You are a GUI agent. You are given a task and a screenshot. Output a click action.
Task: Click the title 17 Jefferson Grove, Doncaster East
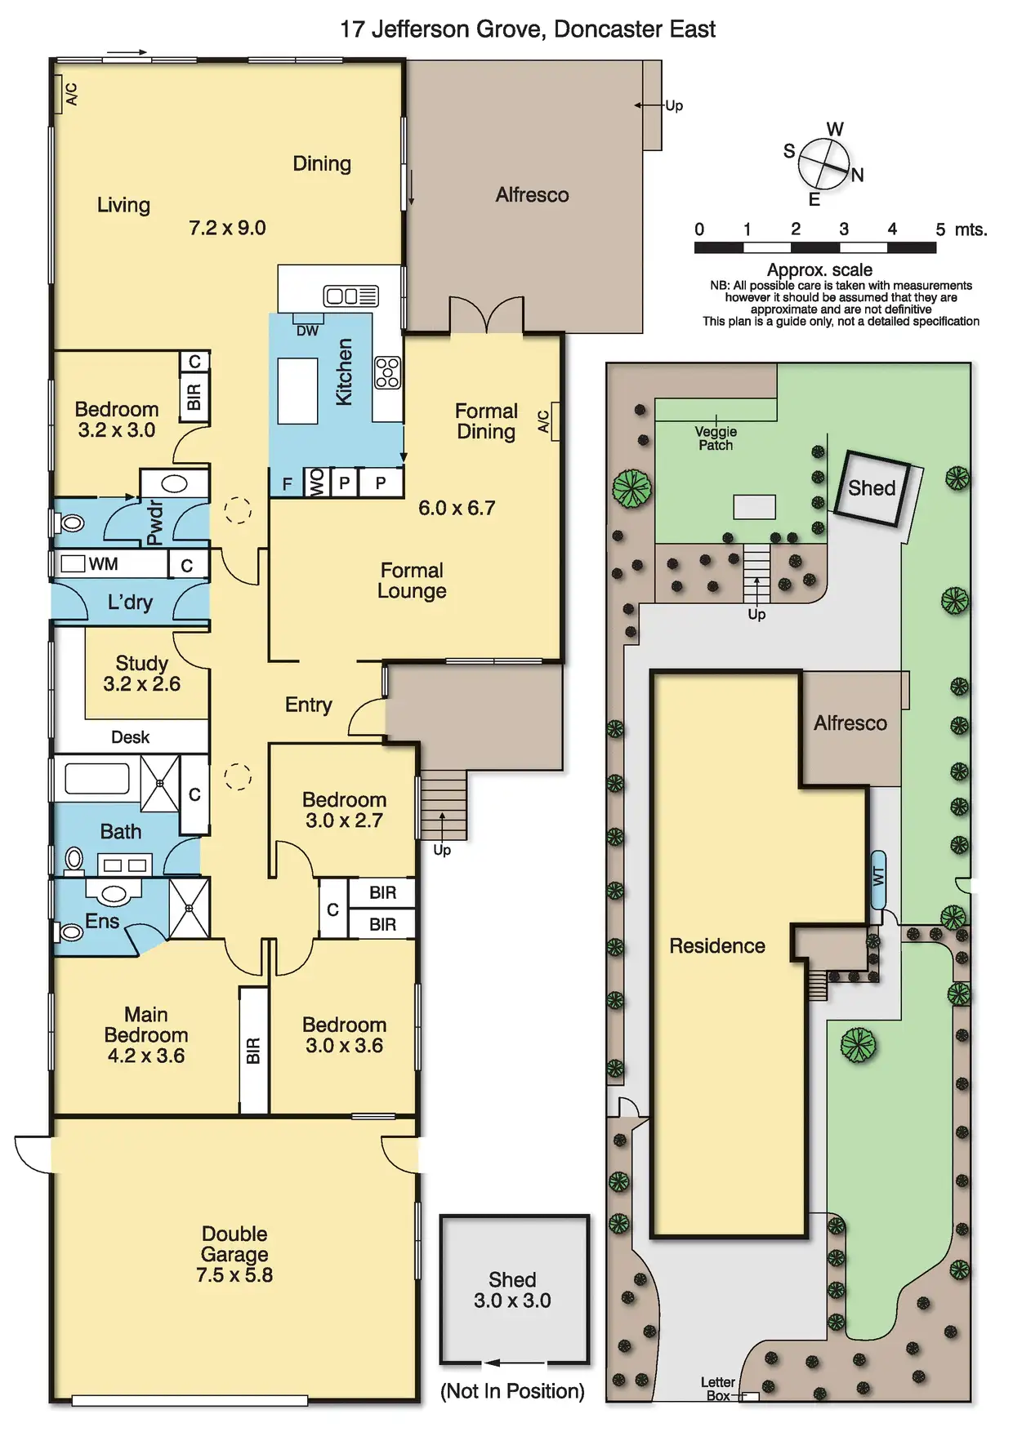[x=527, y=29]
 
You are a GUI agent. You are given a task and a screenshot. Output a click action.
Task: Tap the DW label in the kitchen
[x=307, y=331]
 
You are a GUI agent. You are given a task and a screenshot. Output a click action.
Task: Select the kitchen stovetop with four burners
[x=387, y=372]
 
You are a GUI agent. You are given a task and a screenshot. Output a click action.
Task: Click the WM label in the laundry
[x=103, y=564]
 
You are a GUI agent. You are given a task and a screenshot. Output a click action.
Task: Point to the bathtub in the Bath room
[x=96, y=778]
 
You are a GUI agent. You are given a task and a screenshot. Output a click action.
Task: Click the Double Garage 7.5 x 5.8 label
[x=234, y=1254]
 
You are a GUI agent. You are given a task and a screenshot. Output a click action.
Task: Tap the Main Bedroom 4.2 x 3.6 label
[x=146, y=1034]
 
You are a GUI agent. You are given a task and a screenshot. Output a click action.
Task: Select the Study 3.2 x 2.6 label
[x=142, y=674]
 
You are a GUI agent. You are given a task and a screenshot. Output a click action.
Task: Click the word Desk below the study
[x=130, y=737]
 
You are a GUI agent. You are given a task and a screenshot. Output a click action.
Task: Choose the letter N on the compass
[x=857, y=175]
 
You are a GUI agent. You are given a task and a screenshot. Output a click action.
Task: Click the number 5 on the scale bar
[x=940, y=229]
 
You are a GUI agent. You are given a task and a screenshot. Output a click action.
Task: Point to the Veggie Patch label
[x=716, y=438]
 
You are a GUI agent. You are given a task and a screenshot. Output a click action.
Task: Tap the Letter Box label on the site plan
[x=718, y=1389]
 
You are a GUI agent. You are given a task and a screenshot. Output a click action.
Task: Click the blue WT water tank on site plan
[x=878, y=879]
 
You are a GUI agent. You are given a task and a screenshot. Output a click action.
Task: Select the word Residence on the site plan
[x=717, y=945]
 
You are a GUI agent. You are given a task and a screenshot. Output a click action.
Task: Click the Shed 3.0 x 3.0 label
[x=512, y=1290]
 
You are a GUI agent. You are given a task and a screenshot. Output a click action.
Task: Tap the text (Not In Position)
[x=512, y=1391]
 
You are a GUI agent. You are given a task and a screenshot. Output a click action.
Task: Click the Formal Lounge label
[x=412, y=580]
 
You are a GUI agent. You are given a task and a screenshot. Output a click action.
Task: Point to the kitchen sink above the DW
[x=350, y=296]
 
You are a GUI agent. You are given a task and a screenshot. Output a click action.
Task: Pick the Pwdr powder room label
[x=154, y=523]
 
